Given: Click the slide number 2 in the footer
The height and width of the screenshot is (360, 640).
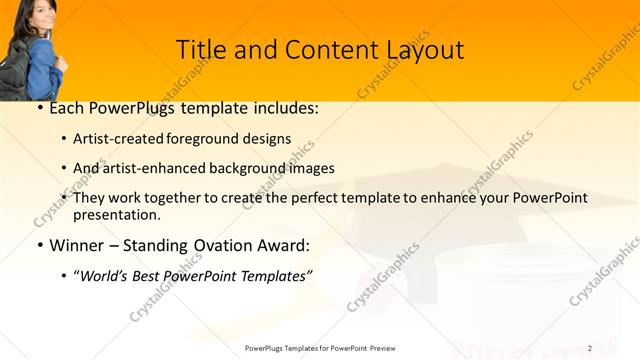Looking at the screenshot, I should (590, 347).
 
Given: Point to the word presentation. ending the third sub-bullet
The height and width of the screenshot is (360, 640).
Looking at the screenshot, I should (116, 214).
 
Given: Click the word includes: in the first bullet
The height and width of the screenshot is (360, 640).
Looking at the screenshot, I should (287, 107).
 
